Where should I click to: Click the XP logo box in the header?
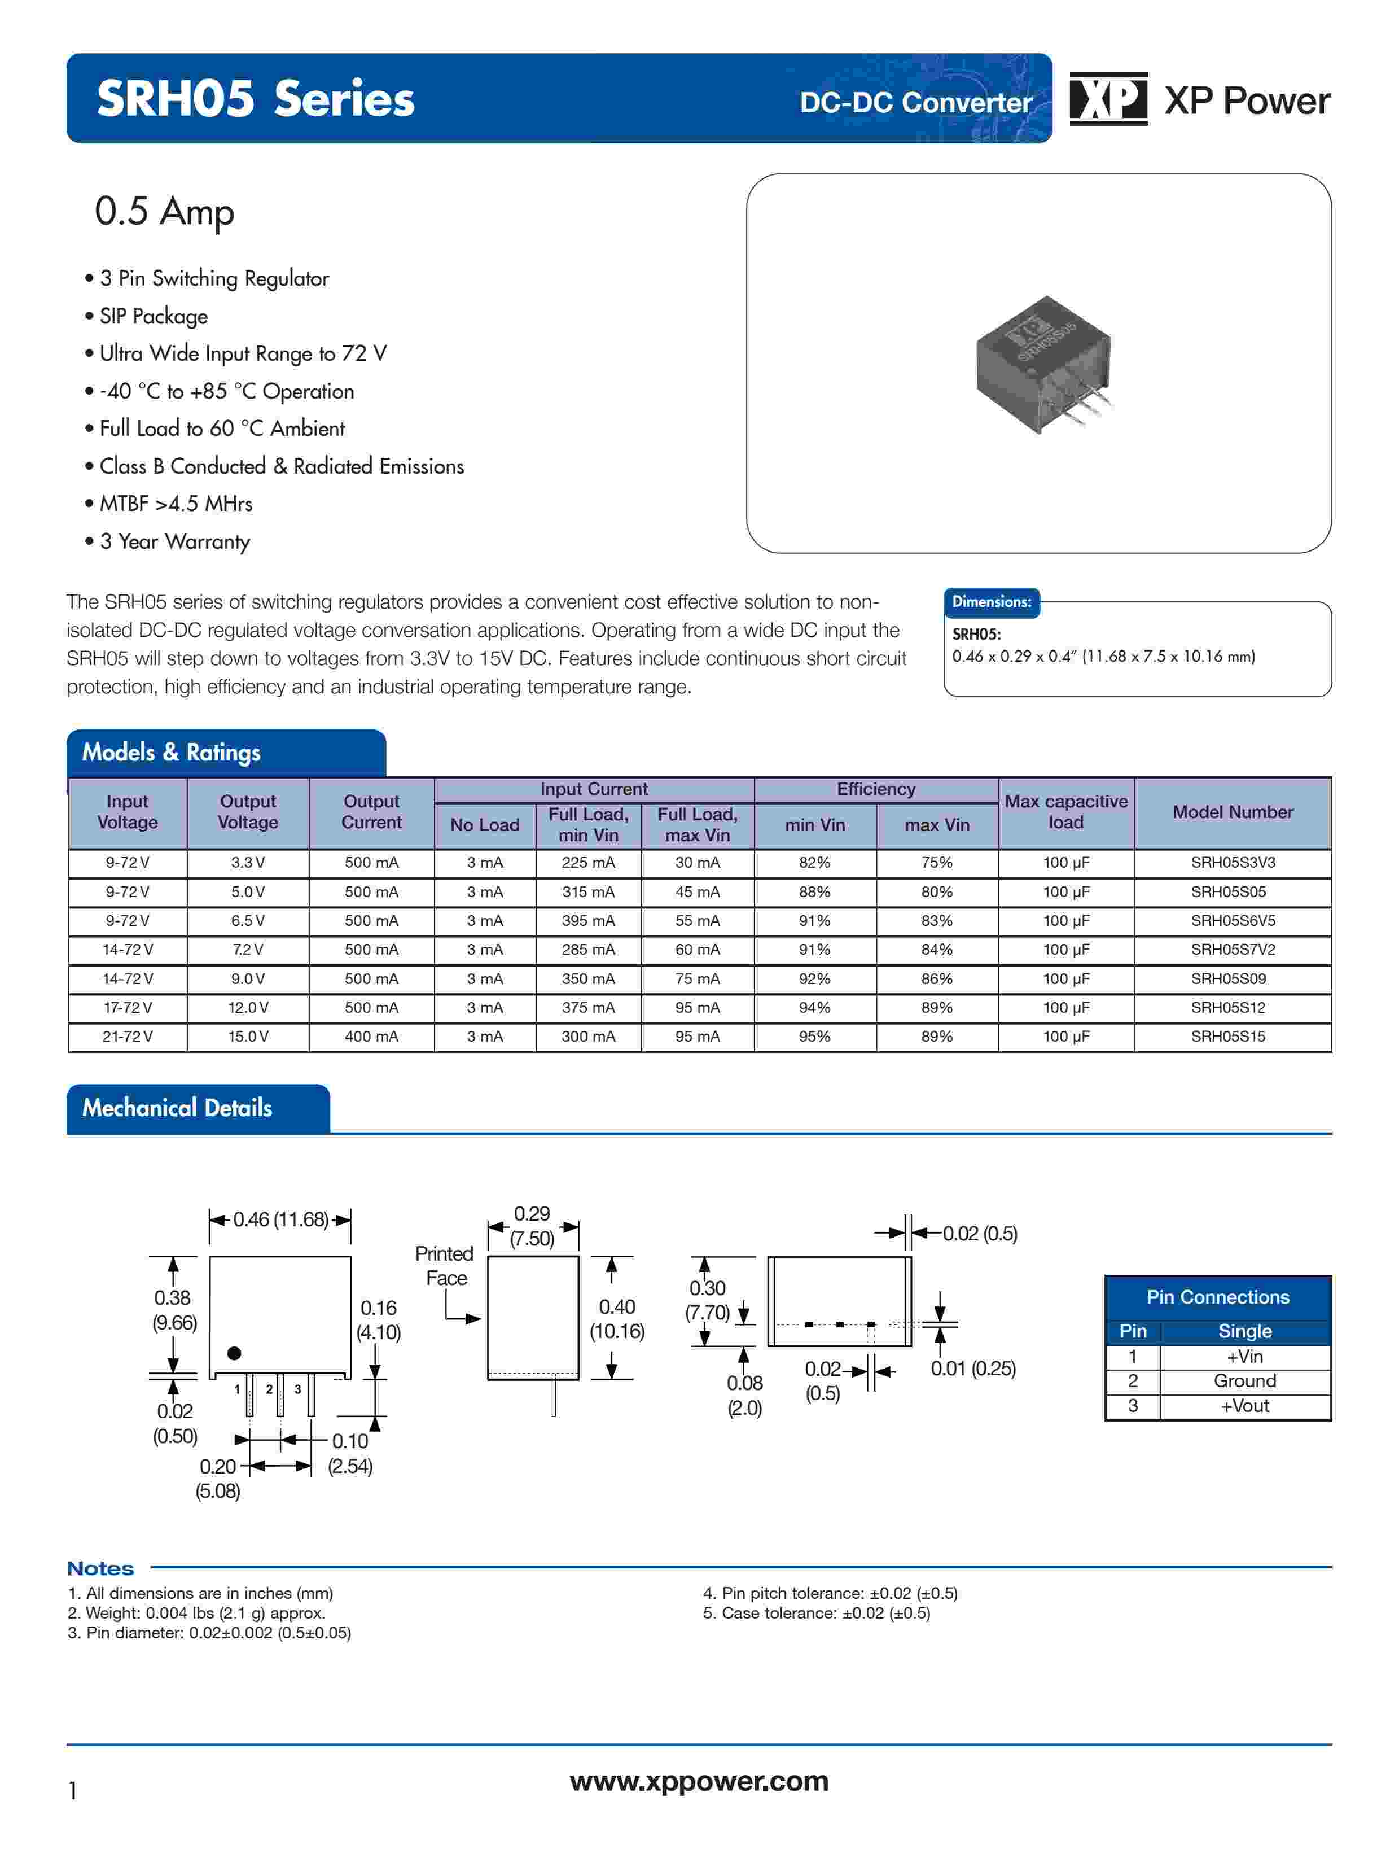(x=1108, y=99)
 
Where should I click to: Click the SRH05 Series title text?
(x=255, y=99)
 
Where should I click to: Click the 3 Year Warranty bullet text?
(x=175, y=542)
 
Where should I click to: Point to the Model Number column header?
(x=1232, y=812)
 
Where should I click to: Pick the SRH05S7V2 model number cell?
(x=1232, y=949)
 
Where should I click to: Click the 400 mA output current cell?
(x=371, y=1037)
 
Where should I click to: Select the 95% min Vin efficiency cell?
(x=814, y=1037)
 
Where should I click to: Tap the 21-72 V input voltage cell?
(x=128, y=1037)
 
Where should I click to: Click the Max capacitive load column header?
(x=1065, y=812)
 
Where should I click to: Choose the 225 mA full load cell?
(x=588, y=863)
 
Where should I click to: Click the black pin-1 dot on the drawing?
(x=234, y=1353)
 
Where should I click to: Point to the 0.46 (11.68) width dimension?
(x=280, y=1219)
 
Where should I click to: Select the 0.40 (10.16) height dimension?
(x=617, y=1319)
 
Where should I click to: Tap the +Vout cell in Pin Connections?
(x=1244, y=1406)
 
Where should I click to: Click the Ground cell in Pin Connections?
(x=1244, y=1381)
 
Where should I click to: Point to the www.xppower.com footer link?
(x=699, y=1782)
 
